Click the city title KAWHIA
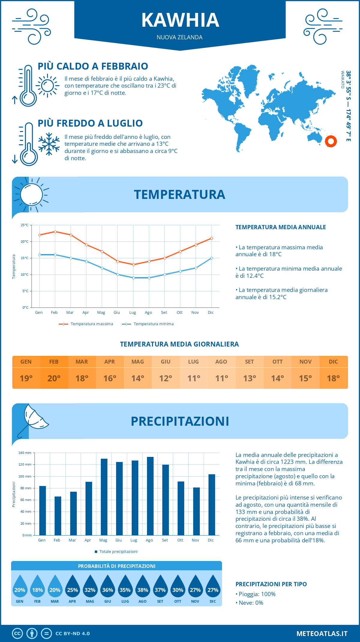pos(180,20)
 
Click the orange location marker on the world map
pos(331,141)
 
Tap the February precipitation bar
pos(58,516)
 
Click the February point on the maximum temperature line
pos(55,232)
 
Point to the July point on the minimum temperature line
pos(133,278)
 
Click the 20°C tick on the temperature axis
pos(25,241)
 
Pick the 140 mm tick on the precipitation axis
pos(25,453)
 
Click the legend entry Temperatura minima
pos(153,324)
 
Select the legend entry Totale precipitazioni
pos(118,551)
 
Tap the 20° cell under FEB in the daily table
pos(54,378)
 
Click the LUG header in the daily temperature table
pos(193,362)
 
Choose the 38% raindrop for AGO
pos(142,588)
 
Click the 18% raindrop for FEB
pos(37,588)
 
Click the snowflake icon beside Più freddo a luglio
pos(49,144)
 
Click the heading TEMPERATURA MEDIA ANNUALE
pos(280,227)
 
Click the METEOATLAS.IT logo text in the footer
pos(322,633)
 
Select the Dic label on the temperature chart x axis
pos(211,313)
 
